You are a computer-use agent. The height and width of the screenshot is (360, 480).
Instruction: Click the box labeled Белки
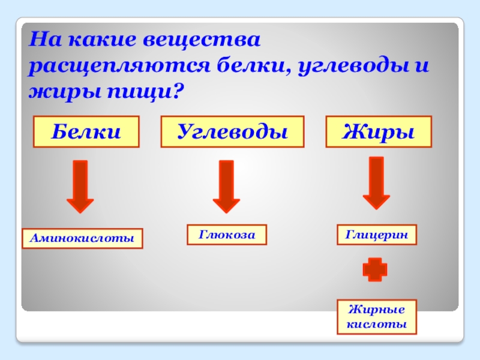[86, 131]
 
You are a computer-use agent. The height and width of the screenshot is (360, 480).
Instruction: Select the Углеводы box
[232, 131]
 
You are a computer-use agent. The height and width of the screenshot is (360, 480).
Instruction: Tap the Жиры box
[379, 131]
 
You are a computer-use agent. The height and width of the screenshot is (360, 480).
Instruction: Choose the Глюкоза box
[227, 234]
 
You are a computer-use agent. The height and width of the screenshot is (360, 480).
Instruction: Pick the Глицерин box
[376, 234]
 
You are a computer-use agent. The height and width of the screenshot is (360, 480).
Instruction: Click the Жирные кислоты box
[376, 317]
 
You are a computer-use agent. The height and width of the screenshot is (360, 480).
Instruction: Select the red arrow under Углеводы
[226, 186]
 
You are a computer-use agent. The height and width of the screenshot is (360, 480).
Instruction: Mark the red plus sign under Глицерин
[375, 269]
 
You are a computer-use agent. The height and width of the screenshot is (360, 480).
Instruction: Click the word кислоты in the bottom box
[376, 325]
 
